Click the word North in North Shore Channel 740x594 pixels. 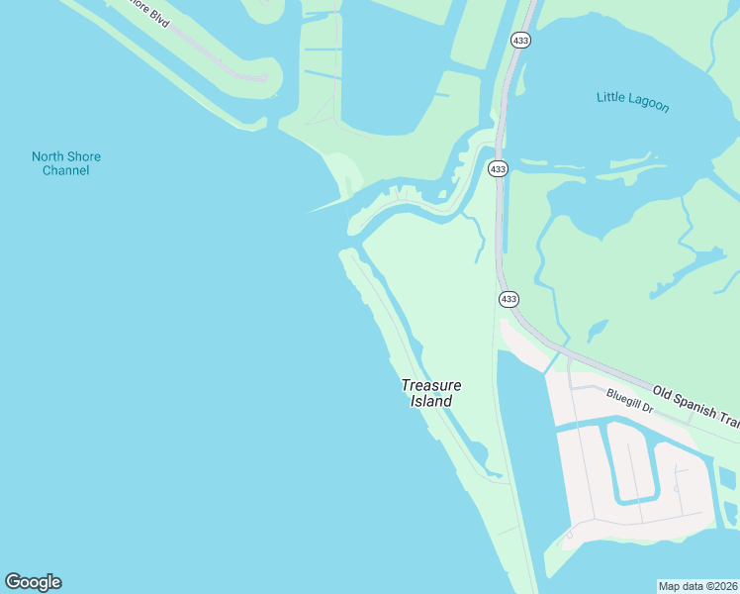coord(48,156)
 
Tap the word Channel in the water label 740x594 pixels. coord(65,170)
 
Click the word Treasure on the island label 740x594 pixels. coord(431,385)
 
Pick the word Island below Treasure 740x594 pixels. coord(431,401)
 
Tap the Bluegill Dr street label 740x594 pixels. coord(630,401)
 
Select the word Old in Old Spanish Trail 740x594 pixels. coord(662,392)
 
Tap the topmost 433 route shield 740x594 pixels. coord(520,40)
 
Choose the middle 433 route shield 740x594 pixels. coord(498,169)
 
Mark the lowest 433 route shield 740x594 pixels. coord(509,298)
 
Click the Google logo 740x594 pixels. coord(33,582)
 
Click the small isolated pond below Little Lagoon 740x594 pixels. coord(597,329)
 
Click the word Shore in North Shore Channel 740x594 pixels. coord(84,156)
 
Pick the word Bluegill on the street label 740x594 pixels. coord(624,398)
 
